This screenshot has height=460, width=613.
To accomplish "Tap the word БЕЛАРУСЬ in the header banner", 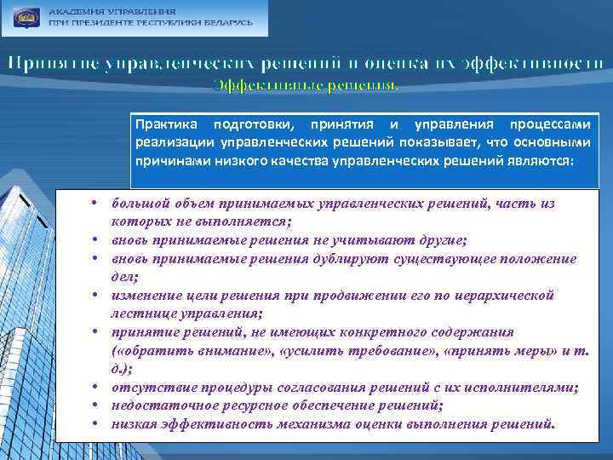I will click(225, 22).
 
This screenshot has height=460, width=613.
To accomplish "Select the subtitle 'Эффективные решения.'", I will click(305, 84).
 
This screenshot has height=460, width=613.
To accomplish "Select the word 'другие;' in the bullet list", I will click(431, 239).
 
